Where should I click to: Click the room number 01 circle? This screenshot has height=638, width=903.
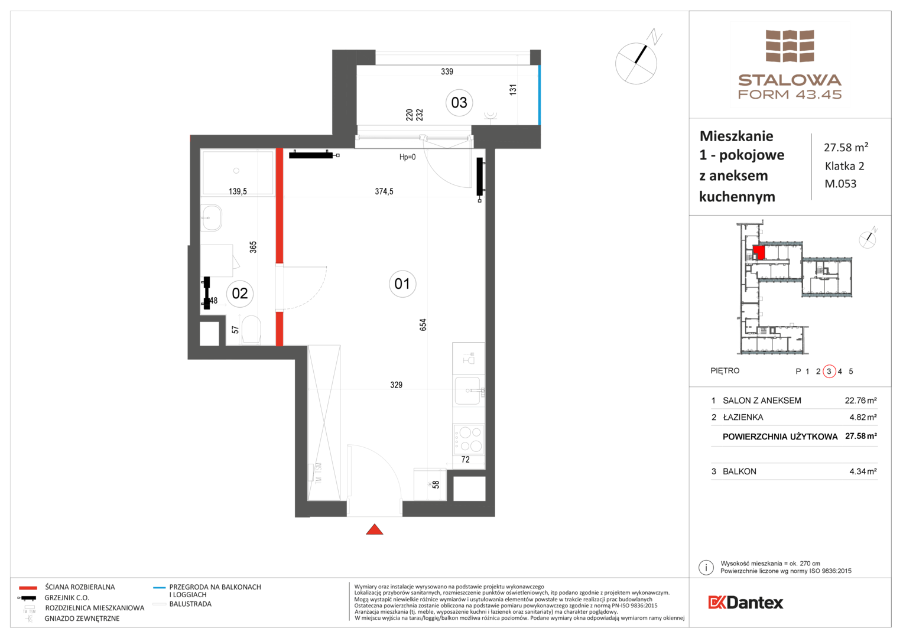tap(402, 284)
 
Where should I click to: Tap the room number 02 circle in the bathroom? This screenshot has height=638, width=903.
tap(240, 294)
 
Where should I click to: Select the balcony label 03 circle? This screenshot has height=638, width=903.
tap(459, 103)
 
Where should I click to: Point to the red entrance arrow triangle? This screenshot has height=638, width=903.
tap(375, 529)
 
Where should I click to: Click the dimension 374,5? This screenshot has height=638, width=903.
tap(384, 191)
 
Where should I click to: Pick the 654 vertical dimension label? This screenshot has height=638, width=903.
tap(423, 325)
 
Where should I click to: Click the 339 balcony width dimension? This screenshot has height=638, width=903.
tap(447, 71)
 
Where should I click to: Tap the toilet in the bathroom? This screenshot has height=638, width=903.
tap(251, 330)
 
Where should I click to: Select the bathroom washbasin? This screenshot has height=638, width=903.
tap(211, 218)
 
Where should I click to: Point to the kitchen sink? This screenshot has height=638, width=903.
tap(468, 390)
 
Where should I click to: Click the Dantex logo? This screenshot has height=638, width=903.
tap(745, 603)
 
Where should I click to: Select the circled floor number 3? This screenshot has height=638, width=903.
tap(829, 371)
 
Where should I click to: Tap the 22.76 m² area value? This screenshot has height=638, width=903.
tap(860, 401)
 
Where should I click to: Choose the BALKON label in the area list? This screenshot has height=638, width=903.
tap(739, 471)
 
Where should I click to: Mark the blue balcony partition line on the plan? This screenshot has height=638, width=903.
tap(540, 95)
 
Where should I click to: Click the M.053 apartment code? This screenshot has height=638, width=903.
tap(840, 184)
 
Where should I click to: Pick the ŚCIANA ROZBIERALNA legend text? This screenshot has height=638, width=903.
tap(80, 587)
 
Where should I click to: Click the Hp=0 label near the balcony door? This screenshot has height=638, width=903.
tap(407, 157)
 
